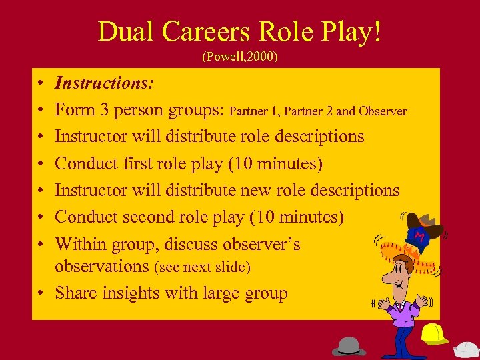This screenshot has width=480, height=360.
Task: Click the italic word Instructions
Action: pos(105,83)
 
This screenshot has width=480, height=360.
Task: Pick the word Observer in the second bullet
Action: pos(383,111)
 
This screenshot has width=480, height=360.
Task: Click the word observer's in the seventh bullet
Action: pos(260,244)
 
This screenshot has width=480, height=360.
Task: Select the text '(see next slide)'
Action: pos(202,267)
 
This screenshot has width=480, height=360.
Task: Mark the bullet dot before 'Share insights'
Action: pos(41,293)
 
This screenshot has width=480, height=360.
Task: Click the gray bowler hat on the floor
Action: pos(349,345)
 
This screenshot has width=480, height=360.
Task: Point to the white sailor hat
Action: pos(466,349)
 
